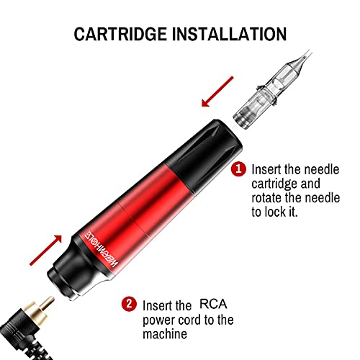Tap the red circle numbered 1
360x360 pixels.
[x=238, y=169]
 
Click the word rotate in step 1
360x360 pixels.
[x=268, y=199]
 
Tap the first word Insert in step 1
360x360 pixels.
[x=266, y=169]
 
